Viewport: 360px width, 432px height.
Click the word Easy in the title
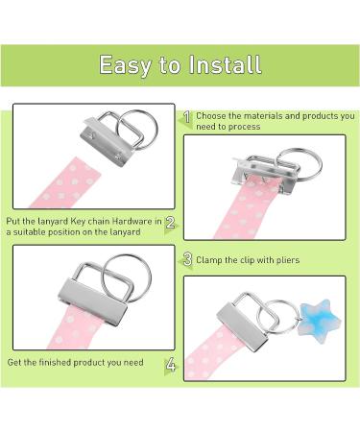pos(129,65)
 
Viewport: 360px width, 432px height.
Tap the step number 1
pos(187,117)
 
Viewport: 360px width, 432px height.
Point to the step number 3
pos(188,259)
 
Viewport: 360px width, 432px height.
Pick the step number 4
pos(170,365)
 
